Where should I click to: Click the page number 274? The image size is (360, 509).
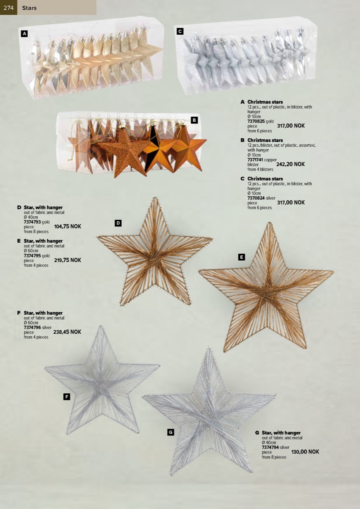point(8,8)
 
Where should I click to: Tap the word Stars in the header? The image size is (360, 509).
point(29,8)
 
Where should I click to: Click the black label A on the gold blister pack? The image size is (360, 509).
point(24,34)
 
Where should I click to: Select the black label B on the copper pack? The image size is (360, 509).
point(194,120)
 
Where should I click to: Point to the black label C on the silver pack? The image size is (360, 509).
point(180,31)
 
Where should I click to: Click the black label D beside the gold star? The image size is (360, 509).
point(118,223)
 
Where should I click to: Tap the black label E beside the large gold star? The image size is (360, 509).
point(241,257)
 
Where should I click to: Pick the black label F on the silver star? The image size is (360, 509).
point(67,397)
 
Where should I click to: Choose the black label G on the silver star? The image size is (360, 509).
point(171,432)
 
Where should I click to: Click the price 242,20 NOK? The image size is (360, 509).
point(290,164)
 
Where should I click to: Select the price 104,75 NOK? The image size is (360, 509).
point(67,227)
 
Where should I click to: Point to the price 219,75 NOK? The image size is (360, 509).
point(67,260)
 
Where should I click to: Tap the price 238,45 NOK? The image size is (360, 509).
point(67,332)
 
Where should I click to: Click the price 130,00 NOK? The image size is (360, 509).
point(305,452)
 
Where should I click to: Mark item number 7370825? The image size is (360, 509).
point(256,121)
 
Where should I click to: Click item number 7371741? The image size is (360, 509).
point(255,160)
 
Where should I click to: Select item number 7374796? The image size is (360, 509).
point(32,327)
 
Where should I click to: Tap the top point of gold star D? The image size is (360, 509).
point(155,198)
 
